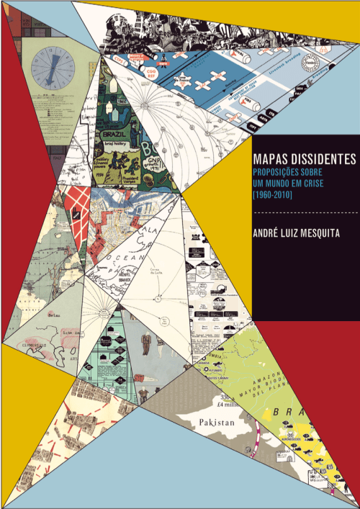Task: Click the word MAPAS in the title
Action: tap(269, 158)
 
